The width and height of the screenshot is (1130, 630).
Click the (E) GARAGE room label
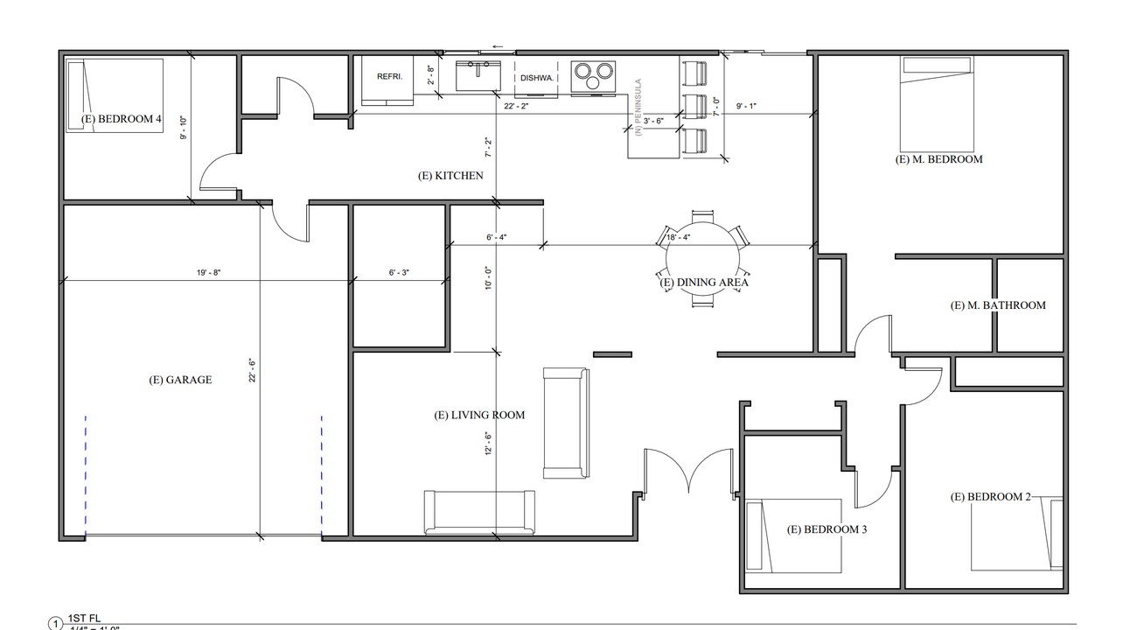(x=180, y=380)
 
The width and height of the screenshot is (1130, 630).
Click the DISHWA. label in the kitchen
(x=537, y=78)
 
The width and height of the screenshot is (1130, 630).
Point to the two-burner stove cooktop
(x=593, y=75)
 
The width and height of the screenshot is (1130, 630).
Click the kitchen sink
(x=477, y=75)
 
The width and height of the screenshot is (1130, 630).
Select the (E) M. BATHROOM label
(x=998, y=305)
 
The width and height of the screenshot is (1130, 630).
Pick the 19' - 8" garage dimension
(x=208, y=273)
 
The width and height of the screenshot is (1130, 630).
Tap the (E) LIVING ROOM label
(x=479, y=415)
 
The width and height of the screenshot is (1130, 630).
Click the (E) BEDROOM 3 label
(x=827, y=529)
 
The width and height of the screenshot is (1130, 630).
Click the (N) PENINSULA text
(x=638, y=107)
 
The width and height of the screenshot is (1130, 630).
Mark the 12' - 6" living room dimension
(x=489, y=445)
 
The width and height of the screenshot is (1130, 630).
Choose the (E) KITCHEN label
(x=450, y=176)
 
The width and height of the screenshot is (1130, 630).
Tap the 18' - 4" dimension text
(x=678, y=237)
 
